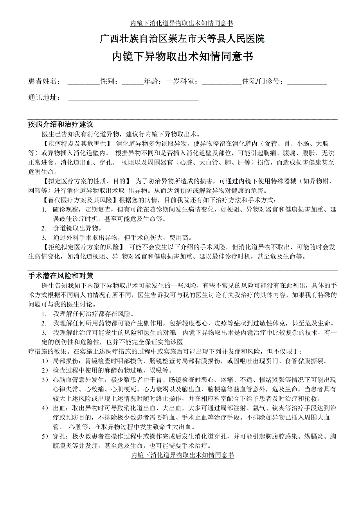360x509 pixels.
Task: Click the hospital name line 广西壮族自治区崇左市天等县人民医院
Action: tap(182, 39)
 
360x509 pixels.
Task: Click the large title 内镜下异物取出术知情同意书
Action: tap(182, 57)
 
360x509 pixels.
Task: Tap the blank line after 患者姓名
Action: tap(84, 82)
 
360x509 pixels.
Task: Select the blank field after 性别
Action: tap(133, 82)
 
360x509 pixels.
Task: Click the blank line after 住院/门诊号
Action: tap(307, 82)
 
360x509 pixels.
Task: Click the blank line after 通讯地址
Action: tap(133, 98)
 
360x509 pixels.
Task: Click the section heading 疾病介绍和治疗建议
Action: tap(61, 125)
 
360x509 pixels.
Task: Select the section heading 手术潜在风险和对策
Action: tap(61, 276)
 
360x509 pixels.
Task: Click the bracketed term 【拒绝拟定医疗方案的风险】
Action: tap(83, 247)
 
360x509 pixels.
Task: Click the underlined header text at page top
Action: tap(182, 23)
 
